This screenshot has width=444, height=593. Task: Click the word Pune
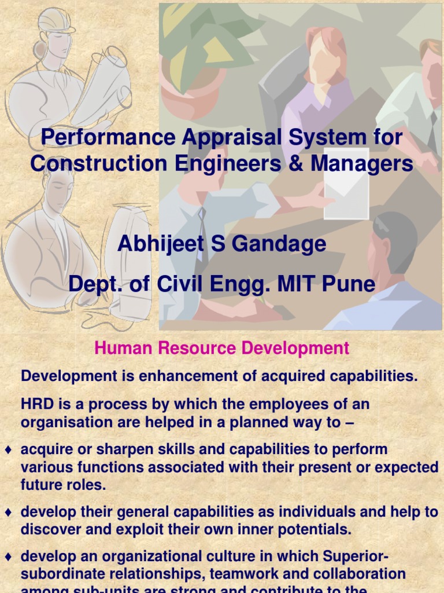point(349,284)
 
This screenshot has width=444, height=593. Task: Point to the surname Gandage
point(277,244)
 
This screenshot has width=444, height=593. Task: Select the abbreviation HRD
point(36,404)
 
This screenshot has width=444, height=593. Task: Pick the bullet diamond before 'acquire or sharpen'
point(8,450)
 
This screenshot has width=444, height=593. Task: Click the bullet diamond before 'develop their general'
point(8,513)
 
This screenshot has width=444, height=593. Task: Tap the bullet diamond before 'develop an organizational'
point(8,557)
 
